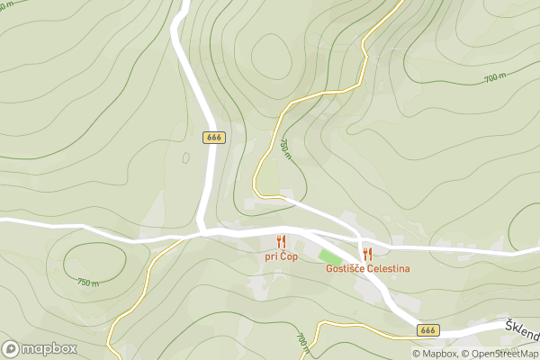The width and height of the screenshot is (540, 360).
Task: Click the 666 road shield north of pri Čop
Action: (213, 138)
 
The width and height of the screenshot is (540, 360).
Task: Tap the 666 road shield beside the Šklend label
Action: (429, 330)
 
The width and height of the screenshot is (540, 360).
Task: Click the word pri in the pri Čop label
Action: (271, 256)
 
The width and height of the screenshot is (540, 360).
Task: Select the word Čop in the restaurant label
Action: (288, 256)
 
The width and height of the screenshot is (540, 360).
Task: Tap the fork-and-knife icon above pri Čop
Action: (281, 241)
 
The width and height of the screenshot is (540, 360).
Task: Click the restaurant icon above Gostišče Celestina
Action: (367, 254)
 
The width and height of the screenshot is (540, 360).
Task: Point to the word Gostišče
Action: (346, 269)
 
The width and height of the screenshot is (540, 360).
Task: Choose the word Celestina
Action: (389, 269)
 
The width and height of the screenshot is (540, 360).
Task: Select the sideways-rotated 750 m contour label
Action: (285, 148)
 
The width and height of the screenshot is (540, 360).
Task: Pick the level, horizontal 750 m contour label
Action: (87, 283)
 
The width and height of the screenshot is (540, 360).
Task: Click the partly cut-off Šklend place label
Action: (523, 330)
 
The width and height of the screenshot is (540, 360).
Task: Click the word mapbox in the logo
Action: (50, 348)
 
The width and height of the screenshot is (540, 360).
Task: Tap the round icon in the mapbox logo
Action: (12, 348)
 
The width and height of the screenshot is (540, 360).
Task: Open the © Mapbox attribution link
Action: (435, 354)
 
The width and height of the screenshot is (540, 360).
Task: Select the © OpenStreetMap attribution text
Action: (500, 354)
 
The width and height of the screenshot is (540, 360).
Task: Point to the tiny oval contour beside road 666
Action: (185, 157)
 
